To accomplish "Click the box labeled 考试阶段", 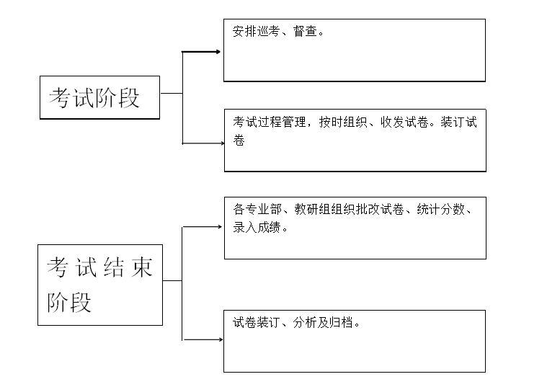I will (x=99, y=97).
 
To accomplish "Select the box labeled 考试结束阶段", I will (x=99, y=285).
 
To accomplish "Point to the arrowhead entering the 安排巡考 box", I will (x=218, y=52).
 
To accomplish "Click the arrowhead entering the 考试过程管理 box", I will (x=221, y=143).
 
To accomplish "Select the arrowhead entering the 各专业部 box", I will (x=219, y=226).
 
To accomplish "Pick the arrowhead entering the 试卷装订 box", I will (x=219, y=339).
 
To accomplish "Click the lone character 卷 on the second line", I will (x=239, y=141).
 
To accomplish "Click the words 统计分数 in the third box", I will (x=441, y=210).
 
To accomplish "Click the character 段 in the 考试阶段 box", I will (x=130, y=97).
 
